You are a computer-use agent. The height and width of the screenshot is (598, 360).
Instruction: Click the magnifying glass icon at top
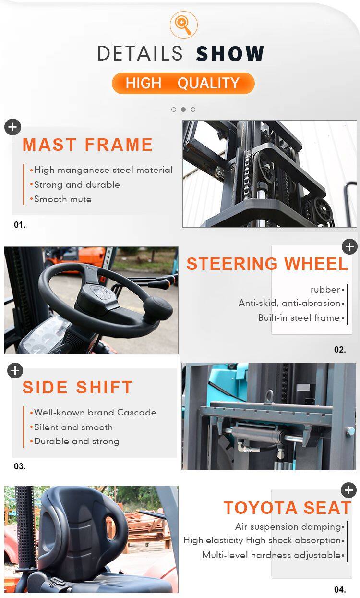(183, 24)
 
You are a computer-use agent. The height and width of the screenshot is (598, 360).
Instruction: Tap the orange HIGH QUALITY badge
(183, 83)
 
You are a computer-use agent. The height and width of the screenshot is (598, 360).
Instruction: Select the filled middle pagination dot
(183, 110)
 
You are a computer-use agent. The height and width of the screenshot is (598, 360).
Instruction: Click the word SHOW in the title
(230, 53)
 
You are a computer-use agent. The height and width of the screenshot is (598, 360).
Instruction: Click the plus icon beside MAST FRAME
(12, 127)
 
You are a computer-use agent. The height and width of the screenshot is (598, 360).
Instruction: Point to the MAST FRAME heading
(87, 145)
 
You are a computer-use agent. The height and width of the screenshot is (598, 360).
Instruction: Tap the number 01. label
(20, 225)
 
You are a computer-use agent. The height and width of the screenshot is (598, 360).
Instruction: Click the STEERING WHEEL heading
(267, 264)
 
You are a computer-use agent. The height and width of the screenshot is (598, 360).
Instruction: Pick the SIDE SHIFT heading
(77, 387)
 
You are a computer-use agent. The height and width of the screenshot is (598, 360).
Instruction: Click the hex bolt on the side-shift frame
(350, 431)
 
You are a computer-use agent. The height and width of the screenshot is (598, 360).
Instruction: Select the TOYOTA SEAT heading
(287, 508)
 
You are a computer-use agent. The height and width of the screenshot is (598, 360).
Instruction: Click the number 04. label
(340, 589)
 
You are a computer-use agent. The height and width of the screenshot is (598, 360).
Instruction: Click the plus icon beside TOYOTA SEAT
(348, 490)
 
